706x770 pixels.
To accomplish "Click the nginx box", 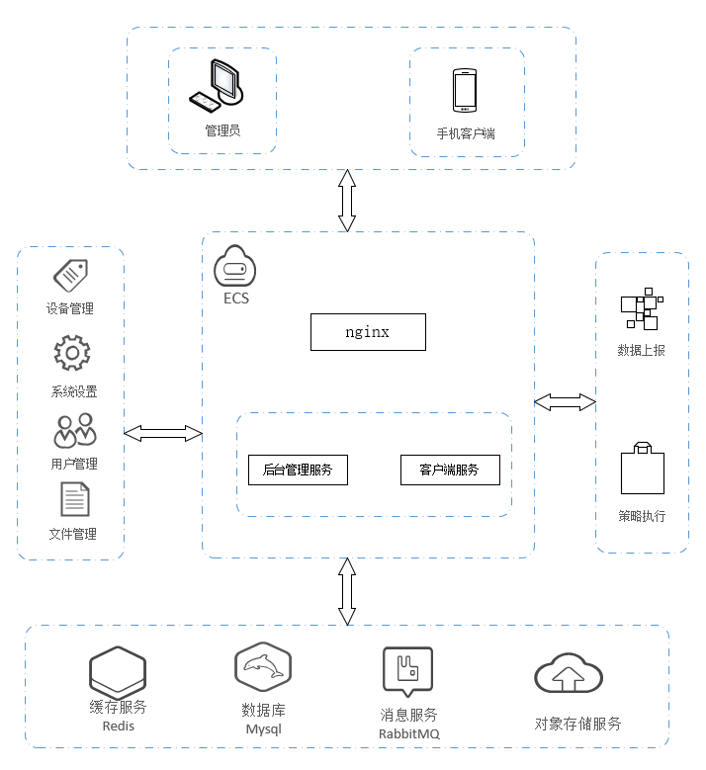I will point(368,332).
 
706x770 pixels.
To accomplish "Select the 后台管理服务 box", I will point(298,471).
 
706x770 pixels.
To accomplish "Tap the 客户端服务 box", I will point(449,471).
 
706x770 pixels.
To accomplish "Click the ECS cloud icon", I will point(235,268).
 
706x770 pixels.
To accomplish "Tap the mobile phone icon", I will point(466,91).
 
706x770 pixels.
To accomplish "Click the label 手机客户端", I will point(466,132).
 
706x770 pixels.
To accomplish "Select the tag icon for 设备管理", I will point(70,274).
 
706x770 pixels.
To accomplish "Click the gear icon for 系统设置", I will point(72,353).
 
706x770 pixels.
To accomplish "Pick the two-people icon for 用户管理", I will point(75,431).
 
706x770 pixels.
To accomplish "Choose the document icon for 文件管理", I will point(75,499).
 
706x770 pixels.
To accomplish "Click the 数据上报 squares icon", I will point(641,311).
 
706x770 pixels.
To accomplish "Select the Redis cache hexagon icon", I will point(118,672).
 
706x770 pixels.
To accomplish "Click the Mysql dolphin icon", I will point(263,669).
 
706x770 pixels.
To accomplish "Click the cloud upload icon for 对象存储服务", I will point(569,676).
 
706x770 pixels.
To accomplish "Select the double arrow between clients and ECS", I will point(346,201).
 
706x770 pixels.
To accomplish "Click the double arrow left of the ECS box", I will point(163,433).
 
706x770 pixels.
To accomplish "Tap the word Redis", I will point(118,726).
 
